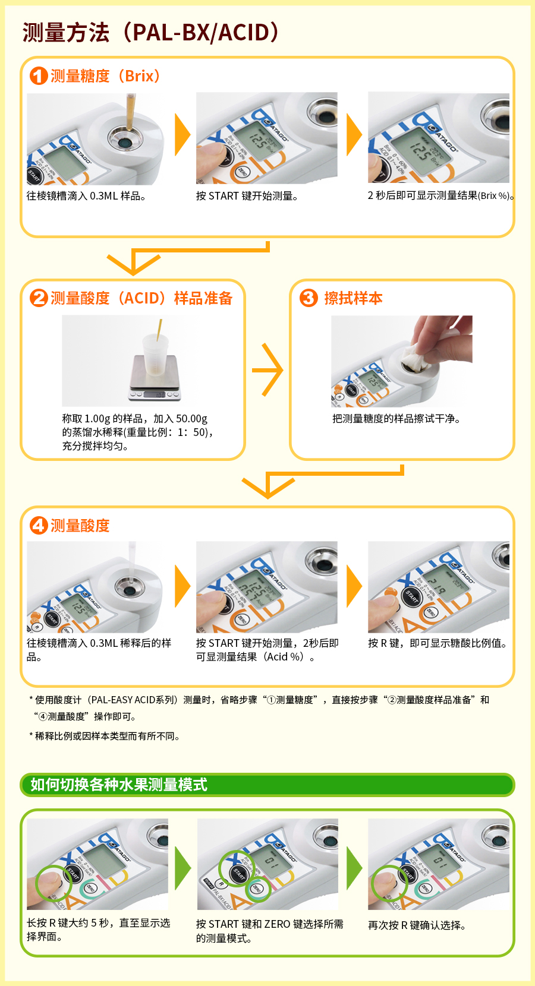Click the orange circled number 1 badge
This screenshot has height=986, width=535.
tap(38, 75)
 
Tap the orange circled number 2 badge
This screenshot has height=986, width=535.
tap(38, 298)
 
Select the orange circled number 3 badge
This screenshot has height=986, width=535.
tap(309, 298)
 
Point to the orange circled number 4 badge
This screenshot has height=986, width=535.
tap(38, 525)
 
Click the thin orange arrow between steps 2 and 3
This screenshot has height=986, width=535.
tap(267, 369)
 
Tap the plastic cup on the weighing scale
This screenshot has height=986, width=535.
tap(155, 355)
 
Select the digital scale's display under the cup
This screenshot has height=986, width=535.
tap(159, 395)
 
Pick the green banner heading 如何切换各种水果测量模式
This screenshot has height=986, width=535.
tap(118, 785)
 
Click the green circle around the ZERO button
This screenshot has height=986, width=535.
tap(258, 889)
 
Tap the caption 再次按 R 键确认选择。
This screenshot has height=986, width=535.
tap(417, 925)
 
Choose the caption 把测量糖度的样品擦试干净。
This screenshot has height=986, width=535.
tap(396, 419)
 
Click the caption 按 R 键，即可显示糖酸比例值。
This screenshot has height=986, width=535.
tap(438, 643)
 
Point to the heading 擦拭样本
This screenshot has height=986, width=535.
tap(354, 298)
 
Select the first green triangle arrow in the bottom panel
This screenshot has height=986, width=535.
tap(183, 868)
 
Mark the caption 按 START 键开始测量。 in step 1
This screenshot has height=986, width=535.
tap(247, 196)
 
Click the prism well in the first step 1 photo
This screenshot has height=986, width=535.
tap(125, 143)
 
